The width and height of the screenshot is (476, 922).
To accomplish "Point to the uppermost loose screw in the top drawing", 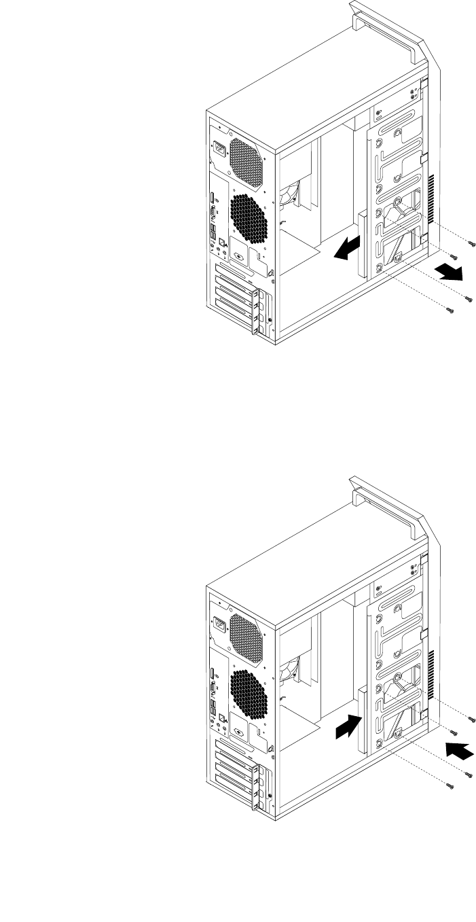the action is coord(473,242).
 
